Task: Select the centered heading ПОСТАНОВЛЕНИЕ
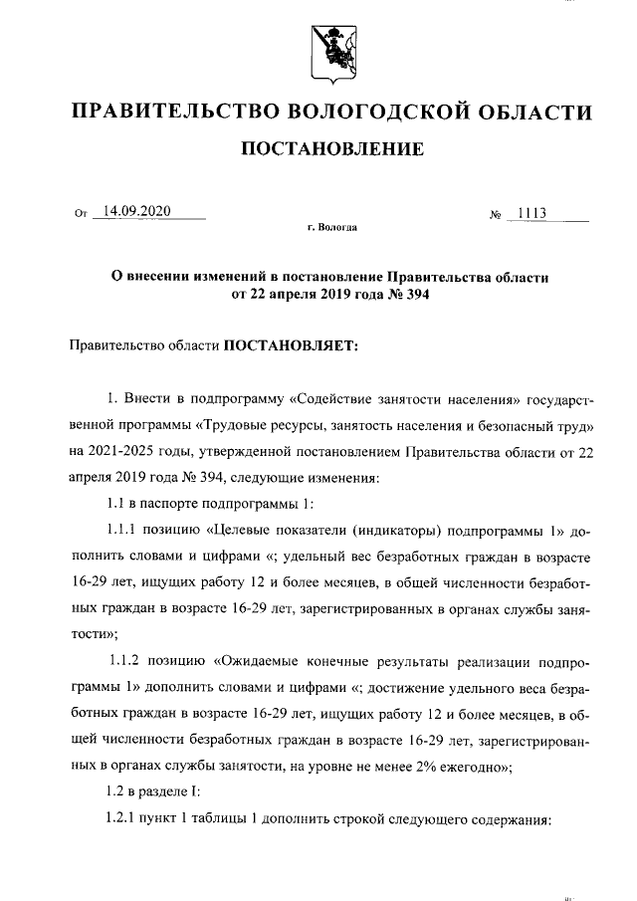click(329, 149)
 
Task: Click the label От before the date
click(81, 212)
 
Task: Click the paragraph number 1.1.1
click(124, 528)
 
